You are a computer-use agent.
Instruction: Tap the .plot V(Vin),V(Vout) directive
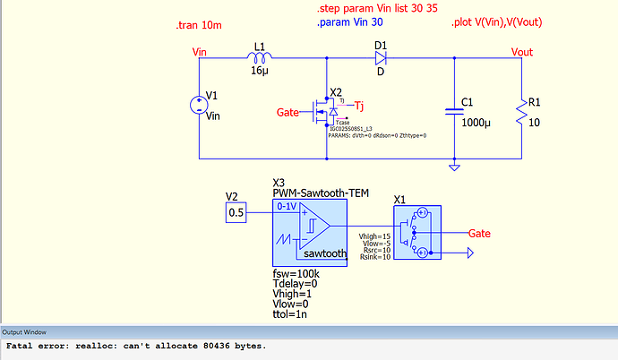point(497,21)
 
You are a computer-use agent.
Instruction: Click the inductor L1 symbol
point(259,58)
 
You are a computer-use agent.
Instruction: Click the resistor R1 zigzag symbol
point(520,112)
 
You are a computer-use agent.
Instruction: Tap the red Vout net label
point(521,52)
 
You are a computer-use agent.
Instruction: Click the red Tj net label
point(359,105)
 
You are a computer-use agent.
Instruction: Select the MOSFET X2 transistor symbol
point(324,112)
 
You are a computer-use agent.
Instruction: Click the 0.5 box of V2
point(236,213)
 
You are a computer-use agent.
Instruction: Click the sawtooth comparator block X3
point(308,230)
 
